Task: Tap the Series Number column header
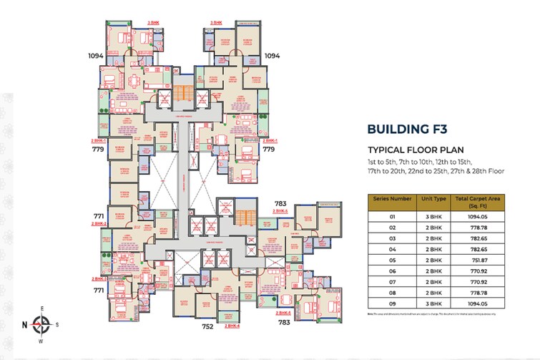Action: pyautogui.click(x=391, y=200)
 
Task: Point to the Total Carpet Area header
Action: pyautogui.click(x=477, y=200)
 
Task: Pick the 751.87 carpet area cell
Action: pyautogui.click(x=477, y=261)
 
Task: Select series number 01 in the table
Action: pyautogui.click(x=391, y=215)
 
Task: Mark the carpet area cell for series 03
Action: pyautogui.click(x=477, y=238)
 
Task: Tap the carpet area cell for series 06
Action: pyautogui.click(x=477, y=272)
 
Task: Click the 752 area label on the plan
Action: pyautogui.click(x=208, y=326)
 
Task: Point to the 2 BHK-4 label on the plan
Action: pyautogui.click(x=232, y=326)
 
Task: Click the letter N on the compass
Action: pyautogui.click(x=25, y=325)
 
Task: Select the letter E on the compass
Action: pyautogui.click(x=42, y=309)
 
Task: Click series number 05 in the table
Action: pyautogui.click(x=391, y=261)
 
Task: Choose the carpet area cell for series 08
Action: pyautogui.click(x=477, y=294)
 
